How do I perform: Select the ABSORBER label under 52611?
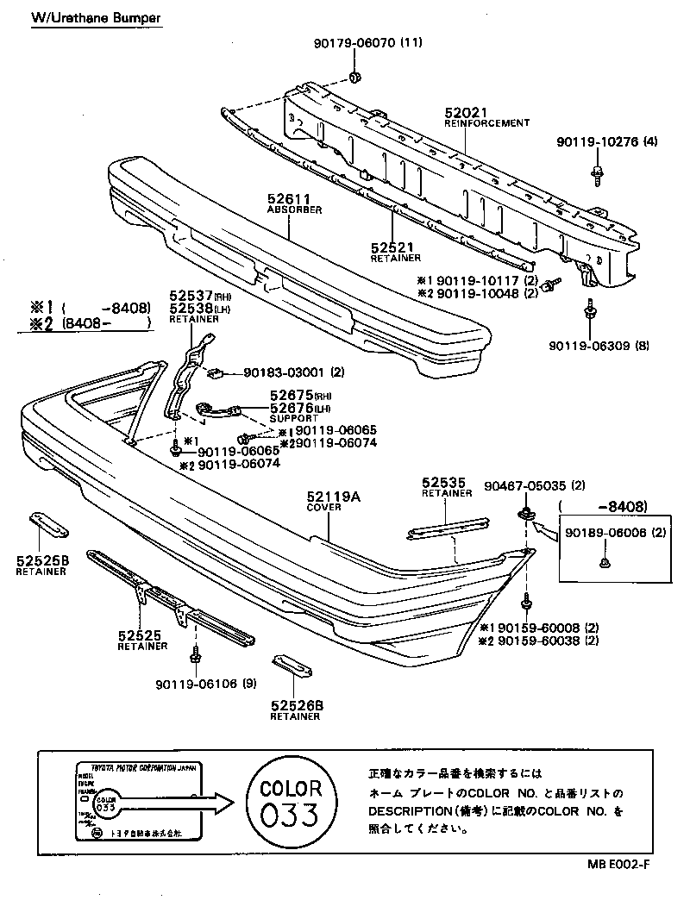coord(294,209)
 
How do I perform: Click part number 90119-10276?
coord(596,142)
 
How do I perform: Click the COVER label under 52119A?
coord(324,508)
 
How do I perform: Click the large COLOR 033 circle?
coord(291,803)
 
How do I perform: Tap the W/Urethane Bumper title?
coord(95,17)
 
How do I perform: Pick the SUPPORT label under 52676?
coord(288,418)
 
